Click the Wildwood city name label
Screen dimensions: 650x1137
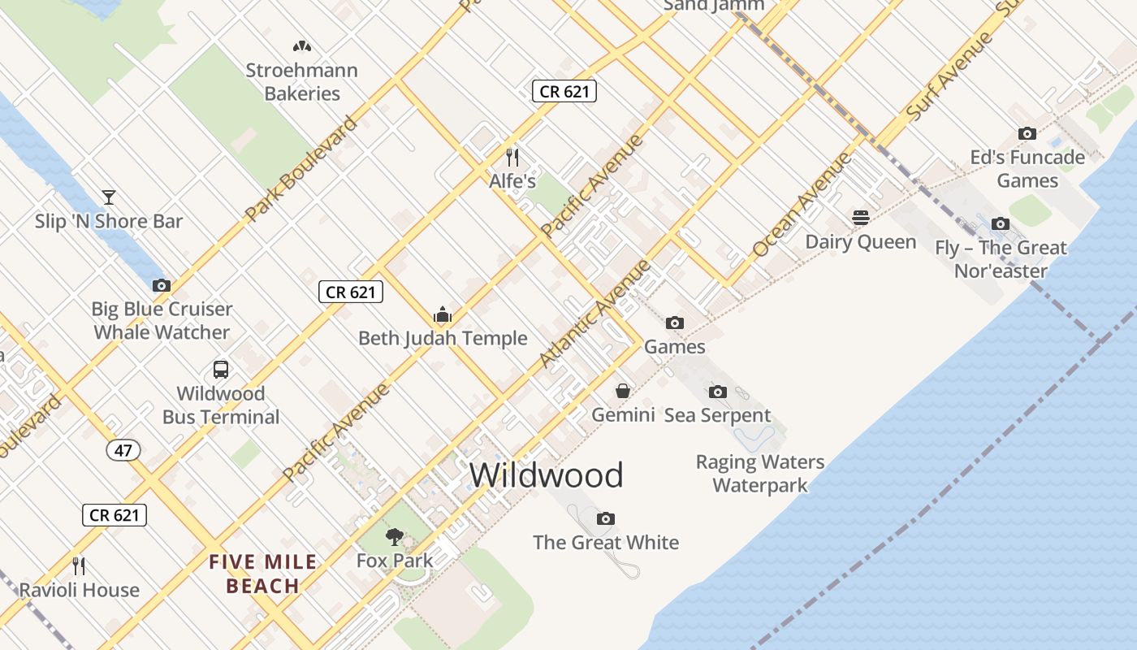[546, 475]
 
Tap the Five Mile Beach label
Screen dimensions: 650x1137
[263, 574]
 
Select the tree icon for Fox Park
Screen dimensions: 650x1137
[395, 536]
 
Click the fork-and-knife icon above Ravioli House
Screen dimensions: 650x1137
[79, 565]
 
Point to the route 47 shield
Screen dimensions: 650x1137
[123, 450]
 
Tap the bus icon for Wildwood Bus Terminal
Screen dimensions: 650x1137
[221, 370]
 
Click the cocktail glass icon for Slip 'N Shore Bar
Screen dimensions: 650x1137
[108, 197]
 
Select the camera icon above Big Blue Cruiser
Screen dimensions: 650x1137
[162, 285]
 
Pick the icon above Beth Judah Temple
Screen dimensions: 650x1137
[443, 314]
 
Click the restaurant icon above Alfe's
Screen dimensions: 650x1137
[512, 157]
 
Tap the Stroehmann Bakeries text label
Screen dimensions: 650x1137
[302, 82]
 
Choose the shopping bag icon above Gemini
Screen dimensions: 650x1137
[623, 391]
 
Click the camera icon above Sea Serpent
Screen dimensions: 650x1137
[717, 392]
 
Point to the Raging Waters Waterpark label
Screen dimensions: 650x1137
[760, 474]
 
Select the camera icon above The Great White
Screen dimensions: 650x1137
[605, 518]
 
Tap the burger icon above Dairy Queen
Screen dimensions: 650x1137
[861, 217]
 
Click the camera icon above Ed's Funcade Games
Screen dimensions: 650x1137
[1027, 133]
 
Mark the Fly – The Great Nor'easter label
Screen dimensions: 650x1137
[1001, 258]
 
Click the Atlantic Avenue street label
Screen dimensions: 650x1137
[596, 313]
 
